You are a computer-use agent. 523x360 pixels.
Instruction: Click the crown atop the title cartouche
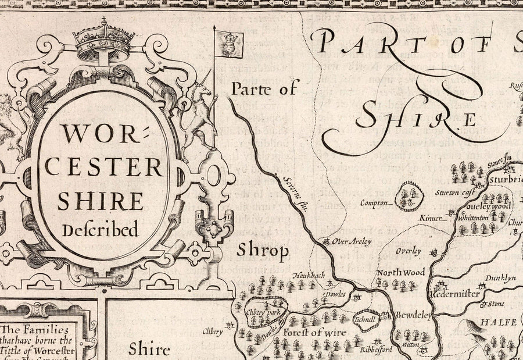click(103, 42)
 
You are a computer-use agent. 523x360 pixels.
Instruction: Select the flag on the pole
click(229, 44)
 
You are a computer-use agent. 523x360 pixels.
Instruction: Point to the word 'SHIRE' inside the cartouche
click(101, 200)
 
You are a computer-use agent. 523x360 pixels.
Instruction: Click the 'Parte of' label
click(264, 89)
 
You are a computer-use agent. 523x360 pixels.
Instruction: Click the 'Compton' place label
click(374, 203)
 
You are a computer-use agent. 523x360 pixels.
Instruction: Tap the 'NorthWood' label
click(400, 272)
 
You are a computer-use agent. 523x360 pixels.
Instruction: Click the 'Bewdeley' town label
click(413, 315)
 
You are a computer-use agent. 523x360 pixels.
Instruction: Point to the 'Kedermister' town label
click(456, 294)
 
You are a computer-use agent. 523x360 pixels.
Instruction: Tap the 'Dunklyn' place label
click(500, 278)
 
